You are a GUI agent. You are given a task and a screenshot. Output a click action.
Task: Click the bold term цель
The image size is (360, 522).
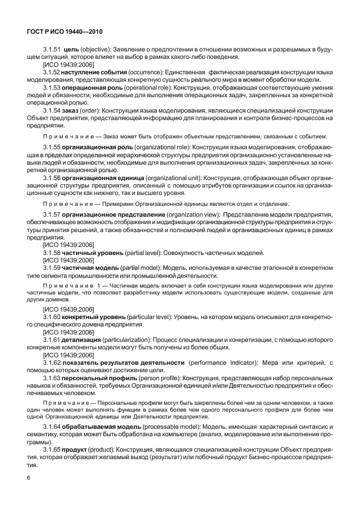71,50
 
